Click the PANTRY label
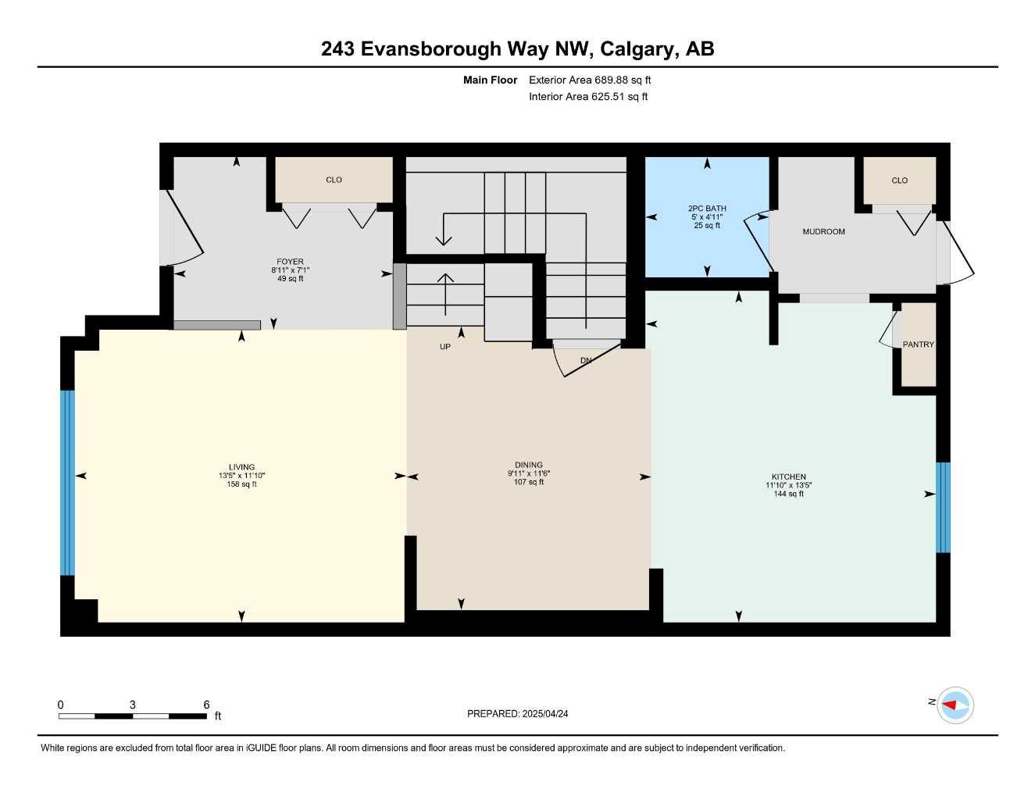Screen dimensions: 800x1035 (918, 345)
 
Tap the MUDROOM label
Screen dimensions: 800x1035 (823, 232)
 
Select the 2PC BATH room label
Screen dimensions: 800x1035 (707, 209)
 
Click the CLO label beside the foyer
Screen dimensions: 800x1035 (334, 180)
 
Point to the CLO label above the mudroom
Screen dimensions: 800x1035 (899, 180)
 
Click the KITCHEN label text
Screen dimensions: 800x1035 (788, 477)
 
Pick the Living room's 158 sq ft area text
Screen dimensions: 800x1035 (242, 484)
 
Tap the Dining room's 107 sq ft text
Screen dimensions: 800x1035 (529, 482)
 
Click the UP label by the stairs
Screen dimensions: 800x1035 (445, 347)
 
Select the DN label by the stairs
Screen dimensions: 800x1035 (586, 360)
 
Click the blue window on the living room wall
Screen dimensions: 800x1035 (68, 482)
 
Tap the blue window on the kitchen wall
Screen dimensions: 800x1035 (943, 507)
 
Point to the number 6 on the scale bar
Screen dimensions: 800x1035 (206, 705)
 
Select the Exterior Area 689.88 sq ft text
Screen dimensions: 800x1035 (590, 80)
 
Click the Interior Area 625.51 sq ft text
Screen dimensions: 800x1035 (588, 97)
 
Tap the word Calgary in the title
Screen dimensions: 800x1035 (639, 49)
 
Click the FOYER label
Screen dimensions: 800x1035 (290, 262)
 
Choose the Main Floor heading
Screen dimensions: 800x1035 (490, 80)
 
